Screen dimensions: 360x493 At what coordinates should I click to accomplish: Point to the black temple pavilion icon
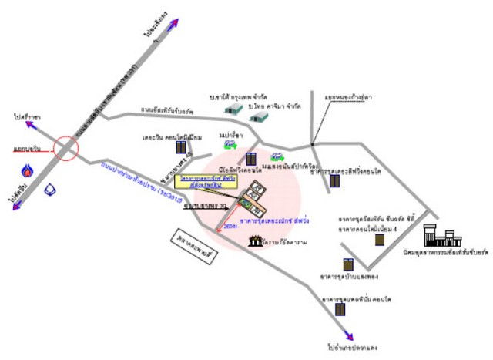point(255,242)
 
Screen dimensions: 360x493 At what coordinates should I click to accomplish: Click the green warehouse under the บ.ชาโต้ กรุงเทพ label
point(234,110)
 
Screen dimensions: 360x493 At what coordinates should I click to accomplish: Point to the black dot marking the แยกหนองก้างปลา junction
point(312,144)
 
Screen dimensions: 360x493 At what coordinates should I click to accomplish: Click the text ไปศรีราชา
point(26,117)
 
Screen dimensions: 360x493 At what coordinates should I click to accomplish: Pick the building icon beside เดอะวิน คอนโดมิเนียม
point(180,146)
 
